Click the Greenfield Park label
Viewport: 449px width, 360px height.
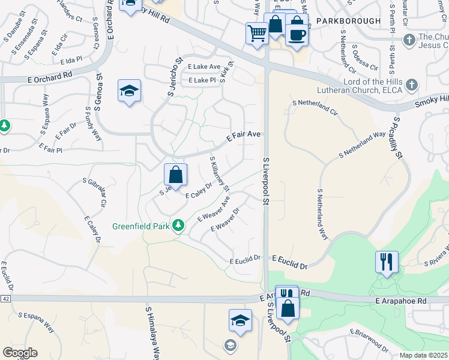(141, 227)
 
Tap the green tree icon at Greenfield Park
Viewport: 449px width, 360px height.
(178, 226)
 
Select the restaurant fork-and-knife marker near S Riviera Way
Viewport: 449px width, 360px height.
(387, 262)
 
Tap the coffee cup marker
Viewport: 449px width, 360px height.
(297, 34)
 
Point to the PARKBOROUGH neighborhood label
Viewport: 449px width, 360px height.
(348, 21)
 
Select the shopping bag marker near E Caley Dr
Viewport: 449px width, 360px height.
(176, 175)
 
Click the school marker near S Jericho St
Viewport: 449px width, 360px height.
(129, 91)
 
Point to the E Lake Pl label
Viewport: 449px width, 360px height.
(202, 80)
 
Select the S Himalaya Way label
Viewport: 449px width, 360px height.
(152, 333)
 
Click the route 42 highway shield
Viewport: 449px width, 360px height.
(5, 298)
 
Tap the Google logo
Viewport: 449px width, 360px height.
(20, 353)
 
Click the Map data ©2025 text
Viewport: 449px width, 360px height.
(423, 355)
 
